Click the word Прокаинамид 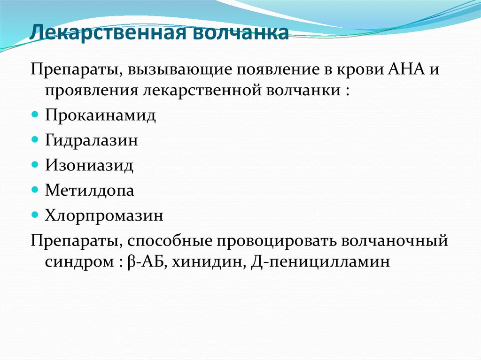coord(101,115)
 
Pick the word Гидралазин coord(92,141)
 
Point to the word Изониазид coord(89,166)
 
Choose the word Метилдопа coord(90,191)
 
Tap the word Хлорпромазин coord(104,215)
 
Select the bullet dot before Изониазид coord(35,165)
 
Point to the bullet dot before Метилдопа coord(35,190)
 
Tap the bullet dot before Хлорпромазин coord(35,215)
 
